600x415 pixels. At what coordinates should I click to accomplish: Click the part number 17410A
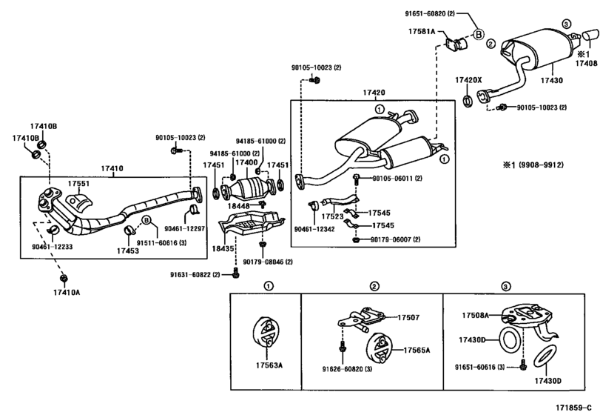(67, 293)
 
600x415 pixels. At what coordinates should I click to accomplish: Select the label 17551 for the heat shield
(78, 184)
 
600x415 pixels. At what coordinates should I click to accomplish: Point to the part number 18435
(223, 249)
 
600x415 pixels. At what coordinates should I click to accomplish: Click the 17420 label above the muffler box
(374, 93)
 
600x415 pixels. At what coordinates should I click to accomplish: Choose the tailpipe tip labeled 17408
(590, 36)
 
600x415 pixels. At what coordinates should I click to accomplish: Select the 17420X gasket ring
(468, 100)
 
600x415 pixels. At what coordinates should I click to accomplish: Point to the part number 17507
(408, 317)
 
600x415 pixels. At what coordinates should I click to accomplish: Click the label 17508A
(476, 316)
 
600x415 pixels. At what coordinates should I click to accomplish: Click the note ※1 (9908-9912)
(533, 165)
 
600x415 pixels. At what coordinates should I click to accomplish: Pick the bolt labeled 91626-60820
(343, 346)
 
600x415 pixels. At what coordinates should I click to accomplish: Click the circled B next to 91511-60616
(146, 220)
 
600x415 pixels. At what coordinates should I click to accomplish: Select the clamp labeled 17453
(129, 230)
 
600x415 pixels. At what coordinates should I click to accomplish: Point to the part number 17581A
(422, 31)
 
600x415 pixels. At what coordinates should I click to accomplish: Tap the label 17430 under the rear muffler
(551, 81)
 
